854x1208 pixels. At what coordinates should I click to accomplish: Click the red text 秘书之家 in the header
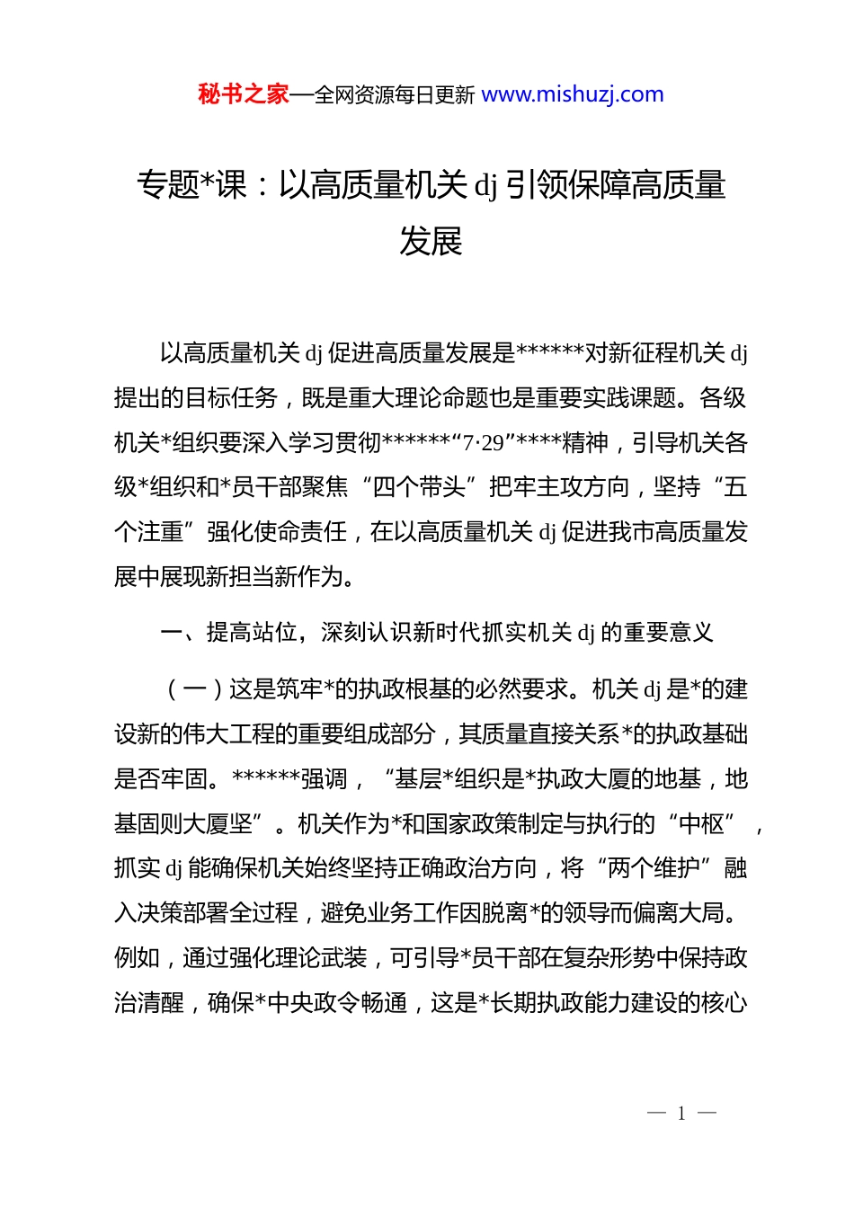coord(244,94)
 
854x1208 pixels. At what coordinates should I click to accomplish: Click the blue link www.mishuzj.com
coord(572,94)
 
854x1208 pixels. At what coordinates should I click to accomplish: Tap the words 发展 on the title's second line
coord(431,241)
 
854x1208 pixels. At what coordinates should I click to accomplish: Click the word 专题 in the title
coord(167,185)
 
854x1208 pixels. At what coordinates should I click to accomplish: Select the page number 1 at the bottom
coord(681,1114)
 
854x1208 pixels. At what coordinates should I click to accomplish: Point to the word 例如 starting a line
coord(137,957)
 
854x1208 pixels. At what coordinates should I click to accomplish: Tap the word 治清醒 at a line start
coord(148,1002)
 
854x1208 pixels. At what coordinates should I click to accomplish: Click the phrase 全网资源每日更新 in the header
coord(395,94)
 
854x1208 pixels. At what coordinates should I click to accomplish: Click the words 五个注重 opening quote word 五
coord(735,487)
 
